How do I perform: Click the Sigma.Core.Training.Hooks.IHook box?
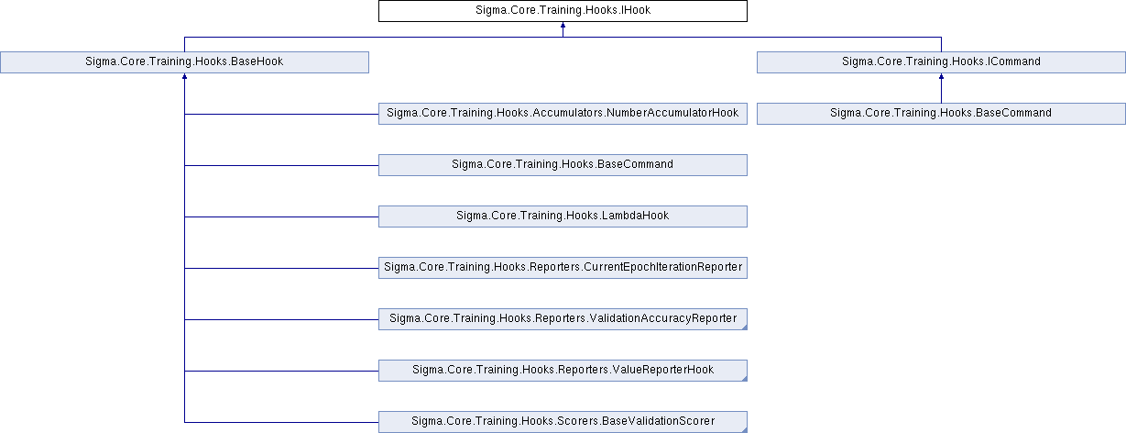(563, 11)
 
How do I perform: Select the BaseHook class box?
(184, 62)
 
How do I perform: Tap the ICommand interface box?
(941, 62)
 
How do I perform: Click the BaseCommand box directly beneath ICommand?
(941, 114)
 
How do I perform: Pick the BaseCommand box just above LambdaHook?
(563, 165)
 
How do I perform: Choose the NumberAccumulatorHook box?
(563, 114)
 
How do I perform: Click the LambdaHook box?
(563, 216)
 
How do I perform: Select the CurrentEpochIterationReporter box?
(563, 268)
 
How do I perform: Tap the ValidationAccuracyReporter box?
(563, 319)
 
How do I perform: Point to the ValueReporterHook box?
(563, 371)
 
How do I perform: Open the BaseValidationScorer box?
(563, 422)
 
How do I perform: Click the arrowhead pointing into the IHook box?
(563, 27)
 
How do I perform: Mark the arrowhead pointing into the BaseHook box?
(184, 78)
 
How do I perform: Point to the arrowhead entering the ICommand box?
(941, 78)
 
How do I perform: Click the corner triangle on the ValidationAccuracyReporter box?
(744, 327)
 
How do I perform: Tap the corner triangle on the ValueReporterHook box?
(744, 378)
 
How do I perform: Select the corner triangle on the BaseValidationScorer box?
(744, 429)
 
